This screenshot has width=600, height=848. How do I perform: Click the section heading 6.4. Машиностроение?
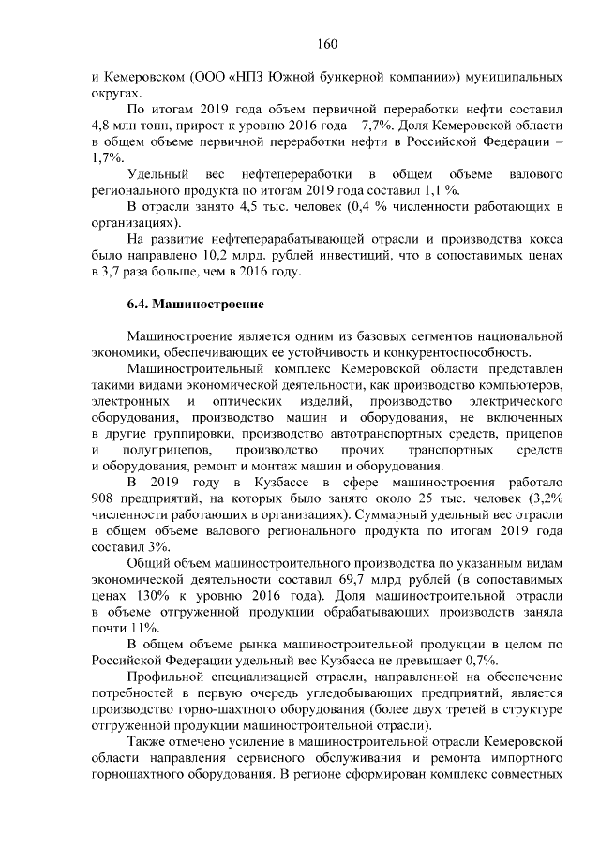tap(195, 305)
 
